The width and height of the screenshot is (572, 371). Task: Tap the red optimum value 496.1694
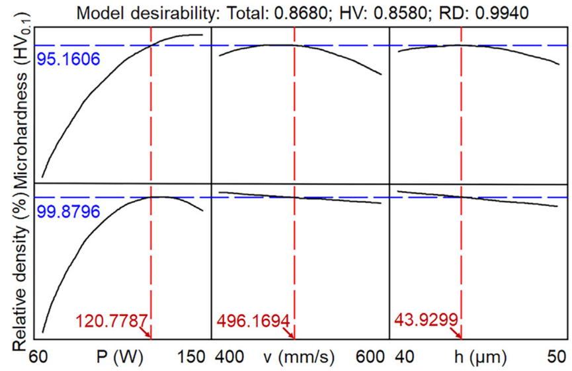point(253,321)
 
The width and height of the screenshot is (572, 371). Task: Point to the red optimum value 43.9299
point(426,321)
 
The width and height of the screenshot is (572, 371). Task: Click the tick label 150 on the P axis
point(190,357)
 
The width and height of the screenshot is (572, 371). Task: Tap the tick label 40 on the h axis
point(406,357)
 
